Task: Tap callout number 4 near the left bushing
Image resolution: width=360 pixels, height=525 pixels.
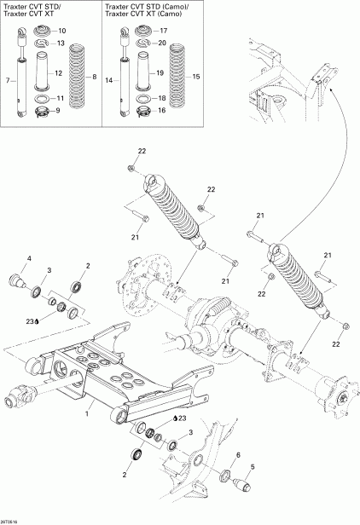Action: click(28, 258)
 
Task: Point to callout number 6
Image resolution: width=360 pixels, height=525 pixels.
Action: click(238, 454)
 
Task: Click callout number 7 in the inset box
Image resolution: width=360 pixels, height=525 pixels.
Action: click(7, 80)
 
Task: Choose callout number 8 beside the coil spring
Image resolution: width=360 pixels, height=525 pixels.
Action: click(94, 77)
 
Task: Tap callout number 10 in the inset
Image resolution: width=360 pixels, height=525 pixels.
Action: click(61, 31)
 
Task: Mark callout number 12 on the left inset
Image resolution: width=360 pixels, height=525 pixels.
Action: click(58, 73)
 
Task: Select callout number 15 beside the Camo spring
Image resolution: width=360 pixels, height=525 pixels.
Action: click(196, 77)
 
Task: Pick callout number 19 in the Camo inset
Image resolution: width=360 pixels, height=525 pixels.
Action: click(160, 73)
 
